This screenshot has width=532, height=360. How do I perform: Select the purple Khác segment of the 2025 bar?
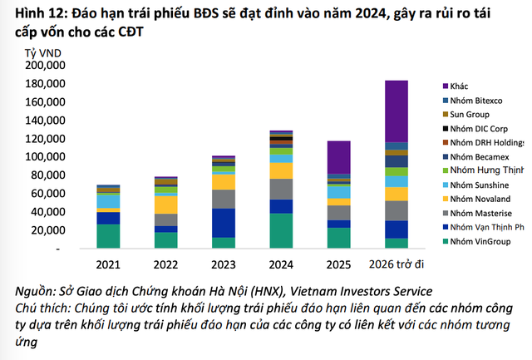[337, 157]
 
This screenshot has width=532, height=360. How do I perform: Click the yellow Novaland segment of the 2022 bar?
[165, 205]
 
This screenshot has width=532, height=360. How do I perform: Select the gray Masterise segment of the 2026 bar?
[396, 210]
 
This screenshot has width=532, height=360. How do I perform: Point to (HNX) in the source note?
[278, 291]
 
